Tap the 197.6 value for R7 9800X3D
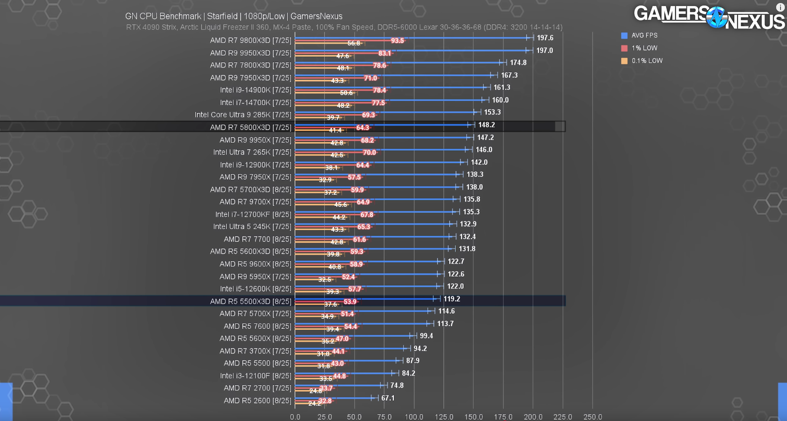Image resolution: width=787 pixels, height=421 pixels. [545, 38]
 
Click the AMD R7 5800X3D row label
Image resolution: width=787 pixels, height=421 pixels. [250, 127]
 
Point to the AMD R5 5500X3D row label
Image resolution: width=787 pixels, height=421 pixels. [250, 301]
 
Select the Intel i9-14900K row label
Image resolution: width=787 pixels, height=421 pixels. [255, 90]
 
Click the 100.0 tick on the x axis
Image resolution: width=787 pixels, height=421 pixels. [414, 417]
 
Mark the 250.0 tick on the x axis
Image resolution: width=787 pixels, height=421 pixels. [593, 417]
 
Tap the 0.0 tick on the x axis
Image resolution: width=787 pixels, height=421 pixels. [295, 417]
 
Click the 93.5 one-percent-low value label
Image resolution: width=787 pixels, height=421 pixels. [397, 41]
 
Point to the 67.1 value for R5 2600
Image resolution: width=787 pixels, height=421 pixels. [388, 398]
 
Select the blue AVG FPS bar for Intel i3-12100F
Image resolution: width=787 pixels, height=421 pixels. [346, 373]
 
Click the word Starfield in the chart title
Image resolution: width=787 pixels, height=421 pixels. [222, 16]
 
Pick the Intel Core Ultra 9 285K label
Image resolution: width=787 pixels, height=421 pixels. [243, 115]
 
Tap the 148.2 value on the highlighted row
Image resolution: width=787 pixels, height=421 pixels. [486, 125]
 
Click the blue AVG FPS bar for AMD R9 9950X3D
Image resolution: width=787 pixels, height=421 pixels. [411, 50]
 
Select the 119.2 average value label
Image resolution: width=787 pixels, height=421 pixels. [452, 299]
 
